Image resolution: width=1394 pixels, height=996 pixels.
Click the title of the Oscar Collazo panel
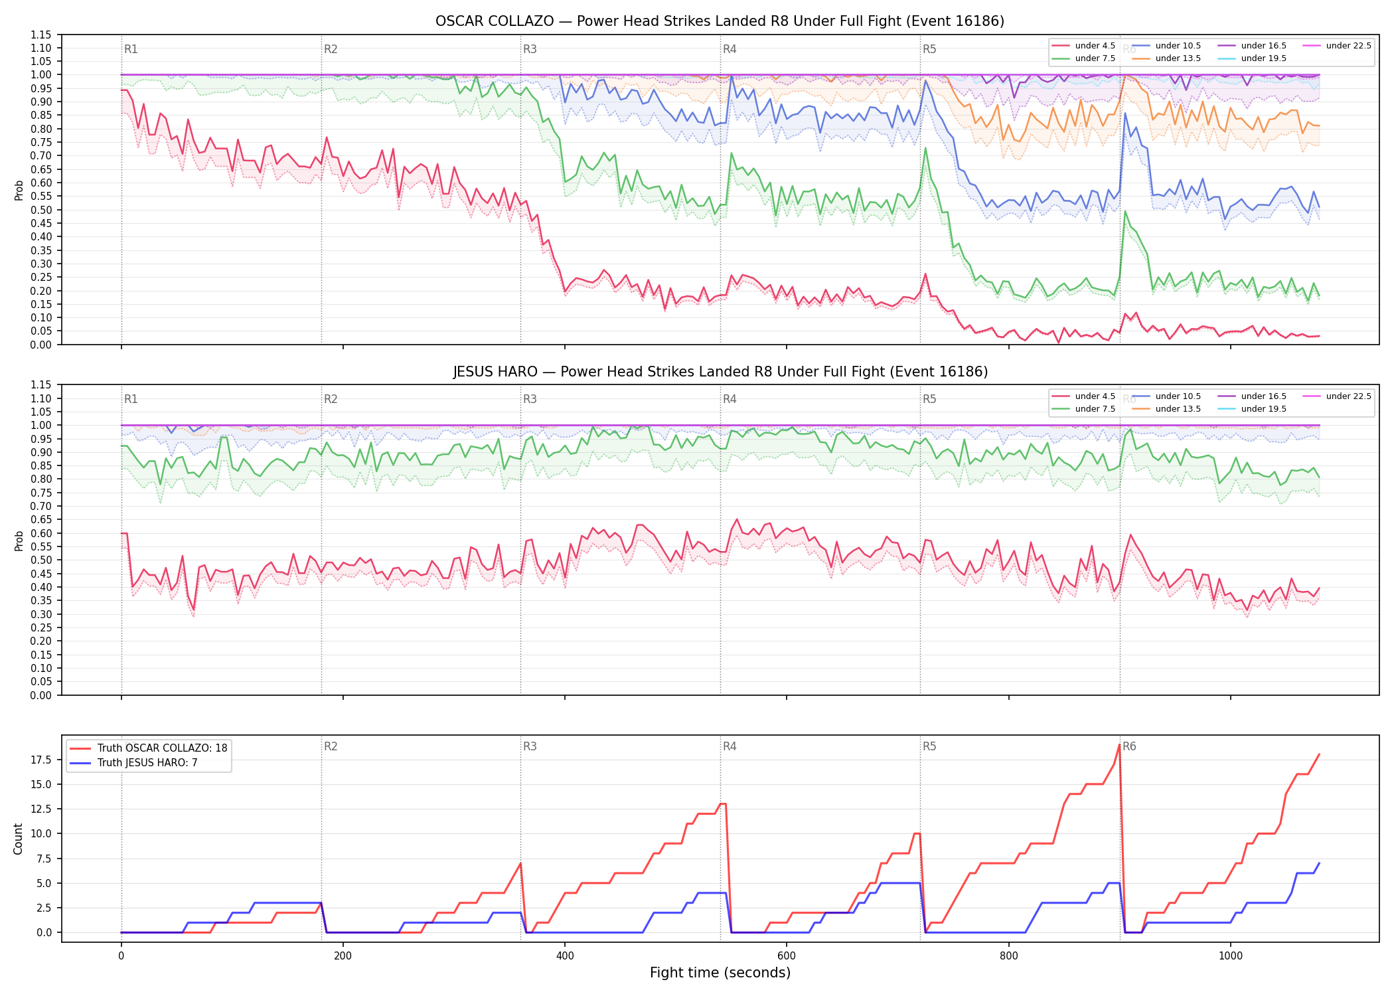720,21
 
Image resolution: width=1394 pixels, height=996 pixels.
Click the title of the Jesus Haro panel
720,372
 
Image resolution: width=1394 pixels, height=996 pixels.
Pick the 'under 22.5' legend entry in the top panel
1337,46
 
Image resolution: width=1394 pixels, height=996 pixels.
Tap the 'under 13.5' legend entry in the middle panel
1166,409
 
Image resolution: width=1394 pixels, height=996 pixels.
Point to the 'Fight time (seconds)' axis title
720,973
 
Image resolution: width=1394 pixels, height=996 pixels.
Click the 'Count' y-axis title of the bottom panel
18,839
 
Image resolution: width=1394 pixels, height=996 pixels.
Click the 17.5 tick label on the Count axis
43,760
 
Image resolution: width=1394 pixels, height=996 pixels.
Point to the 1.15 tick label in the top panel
41,35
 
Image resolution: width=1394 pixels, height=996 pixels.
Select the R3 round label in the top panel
530,49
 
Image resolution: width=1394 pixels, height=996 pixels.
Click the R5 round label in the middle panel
929,399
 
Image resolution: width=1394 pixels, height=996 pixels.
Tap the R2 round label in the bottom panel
331,746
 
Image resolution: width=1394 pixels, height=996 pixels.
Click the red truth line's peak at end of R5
1119,745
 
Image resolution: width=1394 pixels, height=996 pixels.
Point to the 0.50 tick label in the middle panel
41,560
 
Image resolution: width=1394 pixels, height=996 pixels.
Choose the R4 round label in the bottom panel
730,746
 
